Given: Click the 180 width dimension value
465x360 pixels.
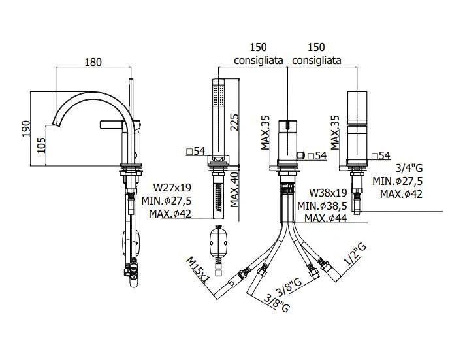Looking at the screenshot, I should tap(93, 62).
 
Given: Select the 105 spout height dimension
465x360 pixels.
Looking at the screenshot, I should tap(40, 144).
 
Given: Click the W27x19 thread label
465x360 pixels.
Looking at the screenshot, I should tap(172, 186).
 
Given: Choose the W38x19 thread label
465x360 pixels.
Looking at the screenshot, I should tap(327, 193).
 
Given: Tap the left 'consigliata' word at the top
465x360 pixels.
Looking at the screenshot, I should tap(259, 60).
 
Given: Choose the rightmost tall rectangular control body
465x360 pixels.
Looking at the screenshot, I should tap(357, 127).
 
